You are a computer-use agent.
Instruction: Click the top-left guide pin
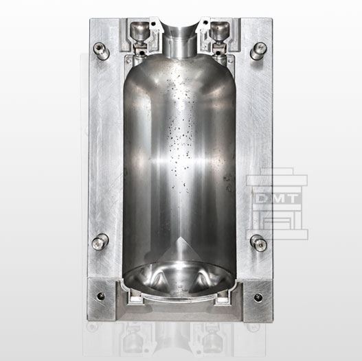click(x=101, y=51)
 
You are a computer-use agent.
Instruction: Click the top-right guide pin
click(x=258, y=51)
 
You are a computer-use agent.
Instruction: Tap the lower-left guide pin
click(x=100, y=242)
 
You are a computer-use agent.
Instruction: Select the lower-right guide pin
click(x=258, y=243)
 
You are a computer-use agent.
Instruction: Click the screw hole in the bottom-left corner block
click(x=101, y=296)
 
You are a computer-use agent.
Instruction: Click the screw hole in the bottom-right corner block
click(x=258, y=297)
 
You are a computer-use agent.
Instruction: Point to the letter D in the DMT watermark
click(x=262, y=198)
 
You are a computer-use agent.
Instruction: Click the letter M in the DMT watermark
click(x=277, y=198)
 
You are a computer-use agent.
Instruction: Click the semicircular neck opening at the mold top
click(x=181, y=27)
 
